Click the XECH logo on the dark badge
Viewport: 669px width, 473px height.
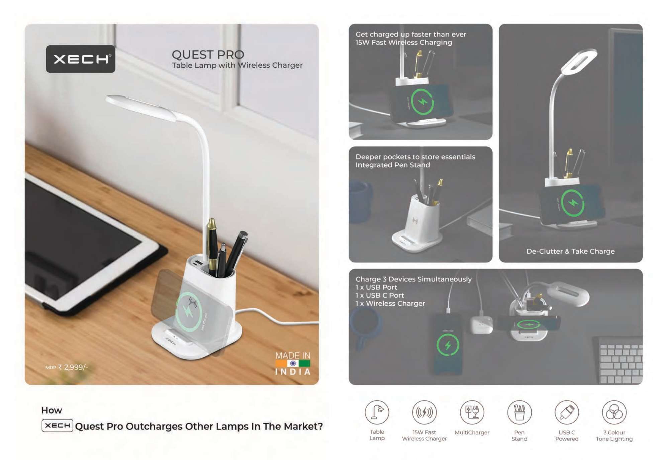coord(81,59)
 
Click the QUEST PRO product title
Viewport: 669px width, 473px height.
coord(208,55)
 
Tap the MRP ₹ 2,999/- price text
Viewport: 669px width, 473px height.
coord(67,367)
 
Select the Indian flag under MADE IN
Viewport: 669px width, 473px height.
coord(293,363)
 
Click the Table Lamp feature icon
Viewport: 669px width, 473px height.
coord(377,412)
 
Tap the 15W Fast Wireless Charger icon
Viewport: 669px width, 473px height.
coord(424,412)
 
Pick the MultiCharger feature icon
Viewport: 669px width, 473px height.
coord(472,412)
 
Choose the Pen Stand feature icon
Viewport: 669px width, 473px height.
coord(519,412)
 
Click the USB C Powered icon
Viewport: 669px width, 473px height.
coord(567,412)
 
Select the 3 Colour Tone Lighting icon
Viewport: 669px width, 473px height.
coord(614,412)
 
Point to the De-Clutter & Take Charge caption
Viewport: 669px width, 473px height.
coord(570,251)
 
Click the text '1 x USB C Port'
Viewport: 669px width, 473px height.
coord(380,295)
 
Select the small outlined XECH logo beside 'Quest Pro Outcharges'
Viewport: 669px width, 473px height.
coord(57,425)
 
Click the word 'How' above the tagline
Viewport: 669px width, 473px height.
coord(52,410)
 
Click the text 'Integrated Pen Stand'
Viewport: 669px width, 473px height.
coord(393,165)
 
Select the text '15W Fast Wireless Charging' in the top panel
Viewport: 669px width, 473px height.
coord(403,42)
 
